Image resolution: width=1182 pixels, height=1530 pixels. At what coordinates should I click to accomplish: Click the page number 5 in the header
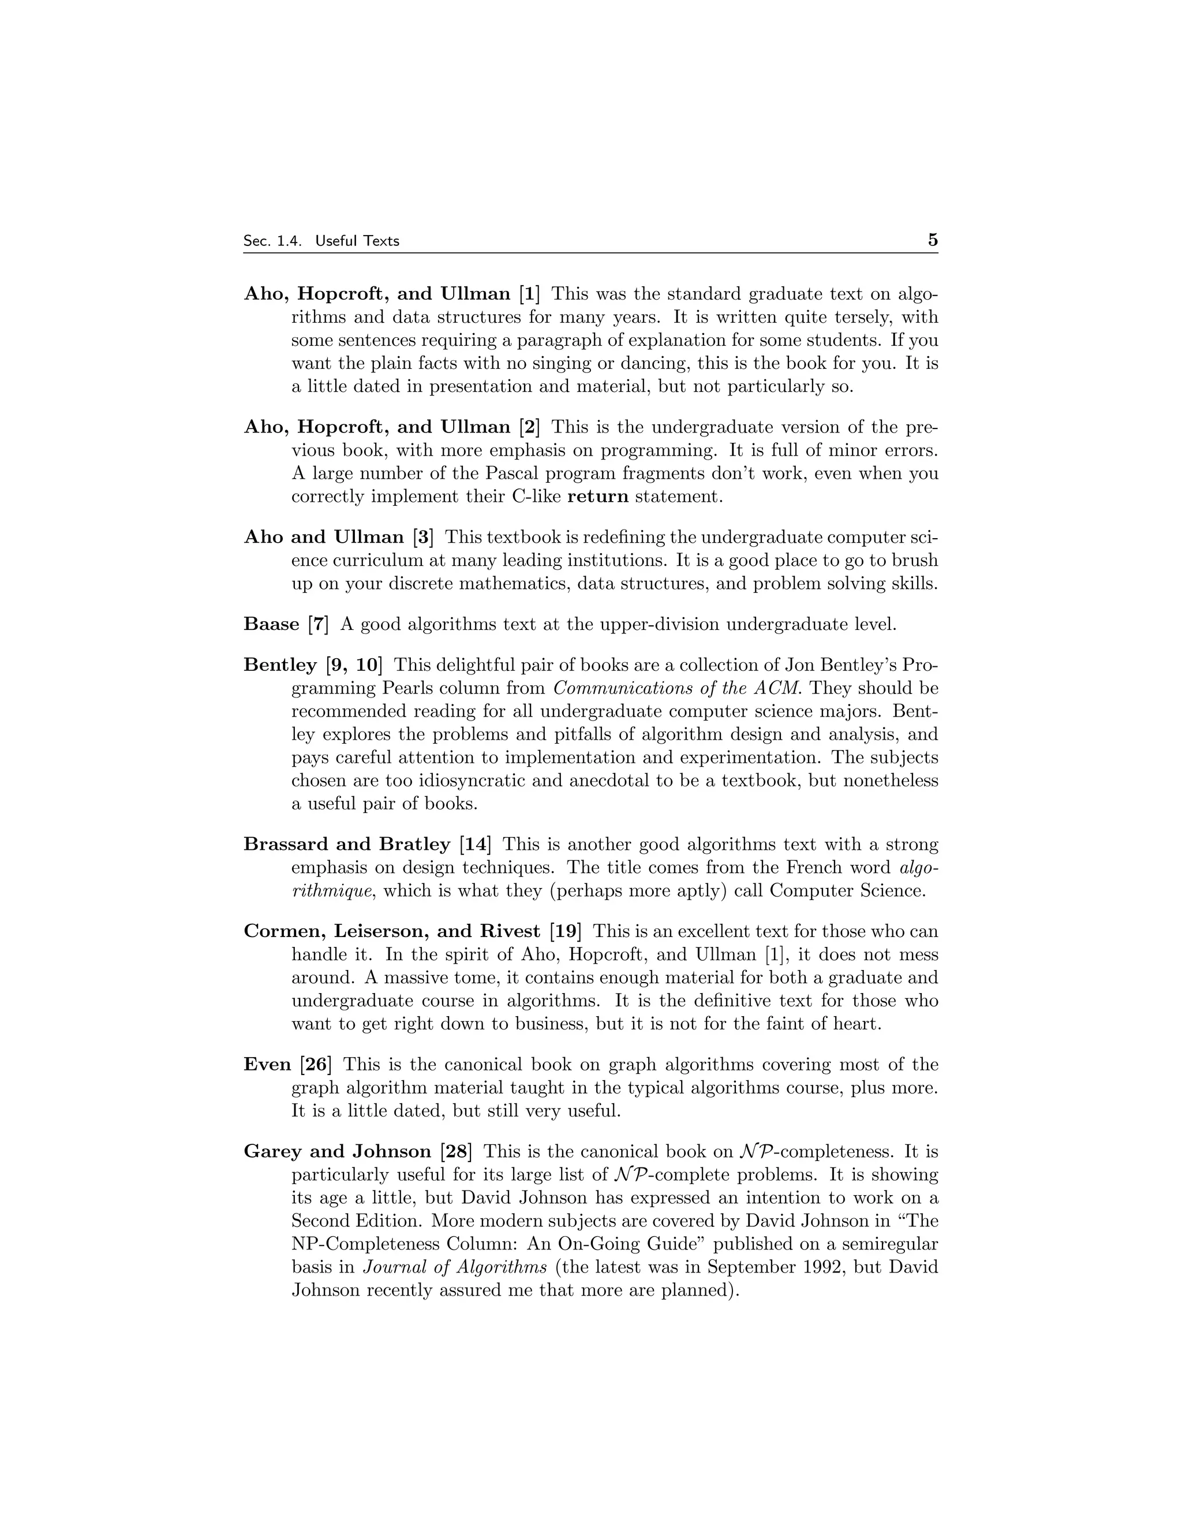932,240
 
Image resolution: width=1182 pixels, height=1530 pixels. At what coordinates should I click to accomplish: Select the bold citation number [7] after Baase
319,624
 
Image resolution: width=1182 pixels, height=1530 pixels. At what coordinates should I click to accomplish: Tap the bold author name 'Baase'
271,624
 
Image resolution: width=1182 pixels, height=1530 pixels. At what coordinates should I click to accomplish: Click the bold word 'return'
597,497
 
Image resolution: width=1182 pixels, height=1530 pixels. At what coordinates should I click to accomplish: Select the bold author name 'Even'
267,1064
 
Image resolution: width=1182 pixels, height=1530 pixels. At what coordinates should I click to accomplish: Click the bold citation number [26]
316,1064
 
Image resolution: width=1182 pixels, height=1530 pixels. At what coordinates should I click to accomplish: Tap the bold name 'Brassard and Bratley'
347,844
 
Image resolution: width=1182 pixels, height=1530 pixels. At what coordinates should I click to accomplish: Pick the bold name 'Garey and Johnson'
337,1151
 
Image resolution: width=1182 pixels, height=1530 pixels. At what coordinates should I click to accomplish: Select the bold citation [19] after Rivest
566,931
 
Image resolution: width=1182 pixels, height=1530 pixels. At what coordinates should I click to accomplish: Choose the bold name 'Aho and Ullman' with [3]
324,538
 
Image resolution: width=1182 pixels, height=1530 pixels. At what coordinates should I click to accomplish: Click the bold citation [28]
456,1151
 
